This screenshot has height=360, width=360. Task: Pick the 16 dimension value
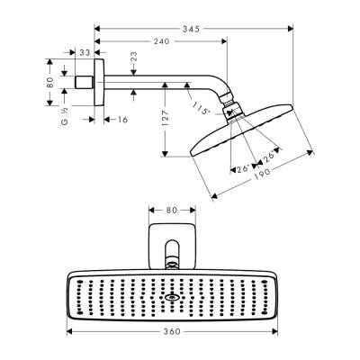pos(121,117)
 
